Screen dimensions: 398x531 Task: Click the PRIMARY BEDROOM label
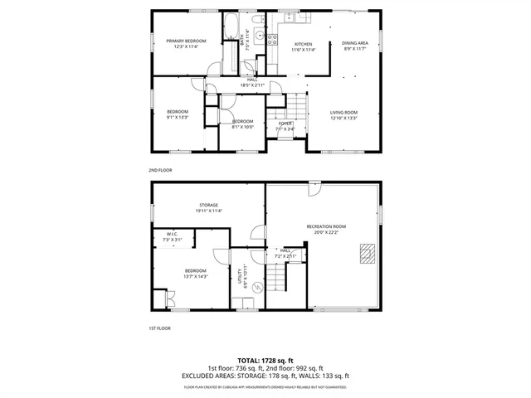[x=185, y=41]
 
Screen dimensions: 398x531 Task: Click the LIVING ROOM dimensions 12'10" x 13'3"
[x=343, y=118]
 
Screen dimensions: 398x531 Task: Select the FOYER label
[x=285, y=124]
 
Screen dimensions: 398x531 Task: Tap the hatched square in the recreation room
[x=366, y=253]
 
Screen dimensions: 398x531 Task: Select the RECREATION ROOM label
[x=326, y=226]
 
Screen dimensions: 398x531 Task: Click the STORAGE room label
[x=208, y=205]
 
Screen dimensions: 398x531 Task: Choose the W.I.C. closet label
[x=173, y=234]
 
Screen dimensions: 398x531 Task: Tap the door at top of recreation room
[x=314, y=189]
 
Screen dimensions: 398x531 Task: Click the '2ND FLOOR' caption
[x=159, y=169]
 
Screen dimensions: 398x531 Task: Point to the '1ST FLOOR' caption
[x=159, y=328]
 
